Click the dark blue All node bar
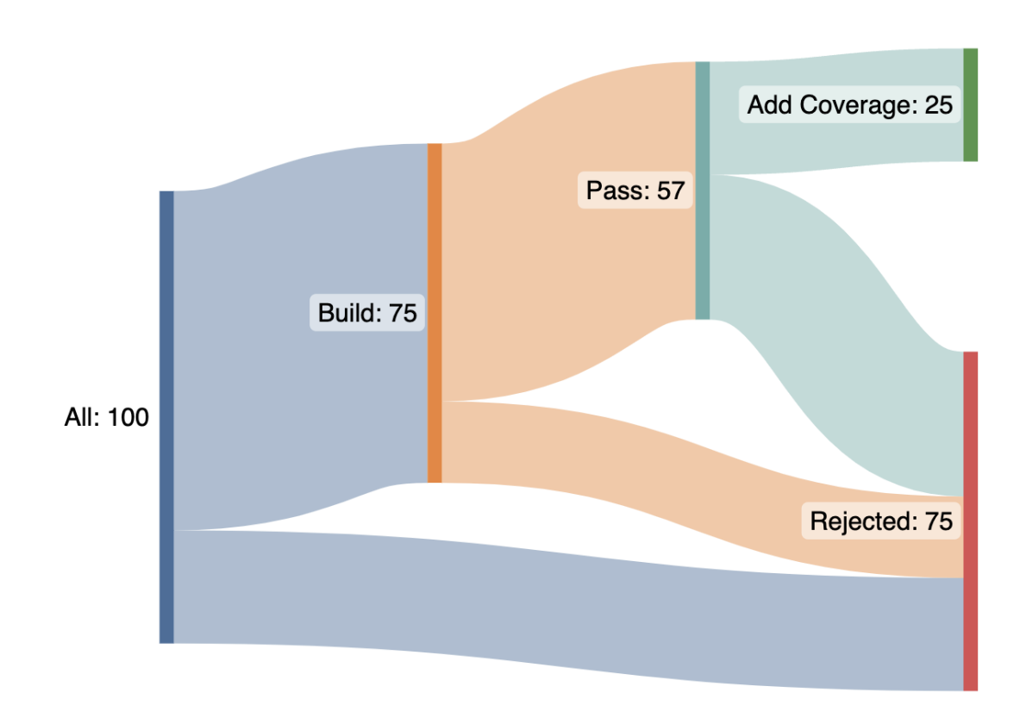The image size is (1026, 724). tap(166, 416)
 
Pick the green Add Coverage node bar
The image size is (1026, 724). tap(970, 105)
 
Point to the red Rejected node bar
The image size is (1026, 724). tap(970, 603)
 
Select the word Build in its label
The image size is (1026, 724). tap(350, 313)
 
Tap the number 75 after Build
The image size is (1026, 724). tap(403, 313)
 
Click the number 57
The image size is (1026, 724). tap(670, 190)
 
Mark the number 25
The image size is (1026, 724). tap(938, 105)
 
